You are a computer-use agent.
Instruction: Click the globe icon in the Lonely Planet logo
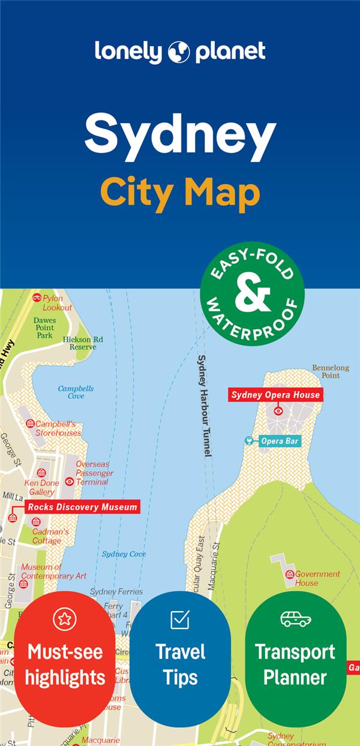pos(179,52)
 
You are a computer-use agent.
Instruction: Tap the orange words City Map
pos(180,193)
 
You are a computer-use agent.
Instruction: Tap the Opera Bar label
pos(279,441)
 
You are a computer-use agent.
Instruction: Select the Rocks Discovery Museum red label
pos(82,507)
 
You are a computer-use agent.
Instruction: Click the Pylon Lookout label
pos(56,303)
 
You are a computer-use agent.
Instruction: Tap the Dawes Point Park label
pos(45,327)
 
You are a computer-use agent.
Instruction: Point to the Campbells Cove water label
pos(76,392)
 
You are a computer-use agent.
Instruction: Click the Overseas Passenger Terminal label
pos(94,473)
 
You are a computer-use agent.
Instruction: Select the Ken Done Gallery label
pos(41,488)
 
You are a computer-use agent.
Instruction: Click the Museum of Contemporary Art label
pos(53,571)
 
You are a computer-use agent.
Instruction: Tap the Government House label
pos(316,578)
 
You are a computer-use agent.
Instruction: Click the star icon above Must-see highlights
pos(65,618)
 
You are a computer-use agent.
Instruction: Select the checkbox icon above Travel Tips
pos(180,619)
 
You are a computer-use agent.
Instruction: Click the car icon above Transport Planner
pos(296,619)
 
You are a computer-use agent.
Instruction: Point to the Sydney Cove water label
pos(124,554)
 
